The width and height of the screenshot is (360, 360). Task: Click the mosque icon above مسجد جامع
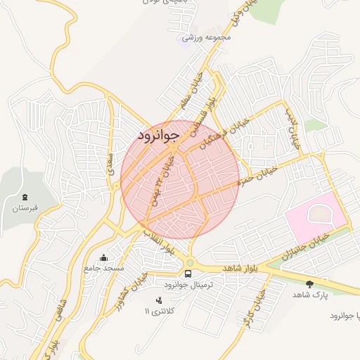click(x=104, y=257)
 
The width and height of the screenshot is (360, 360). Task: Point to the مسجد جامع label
click(x=103, y=268)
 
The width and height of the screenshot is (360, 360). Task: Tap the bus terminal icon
click(x=188, y=274)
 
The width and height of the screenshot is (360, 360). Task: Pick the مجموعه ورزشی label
click(x=202, y=38)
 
